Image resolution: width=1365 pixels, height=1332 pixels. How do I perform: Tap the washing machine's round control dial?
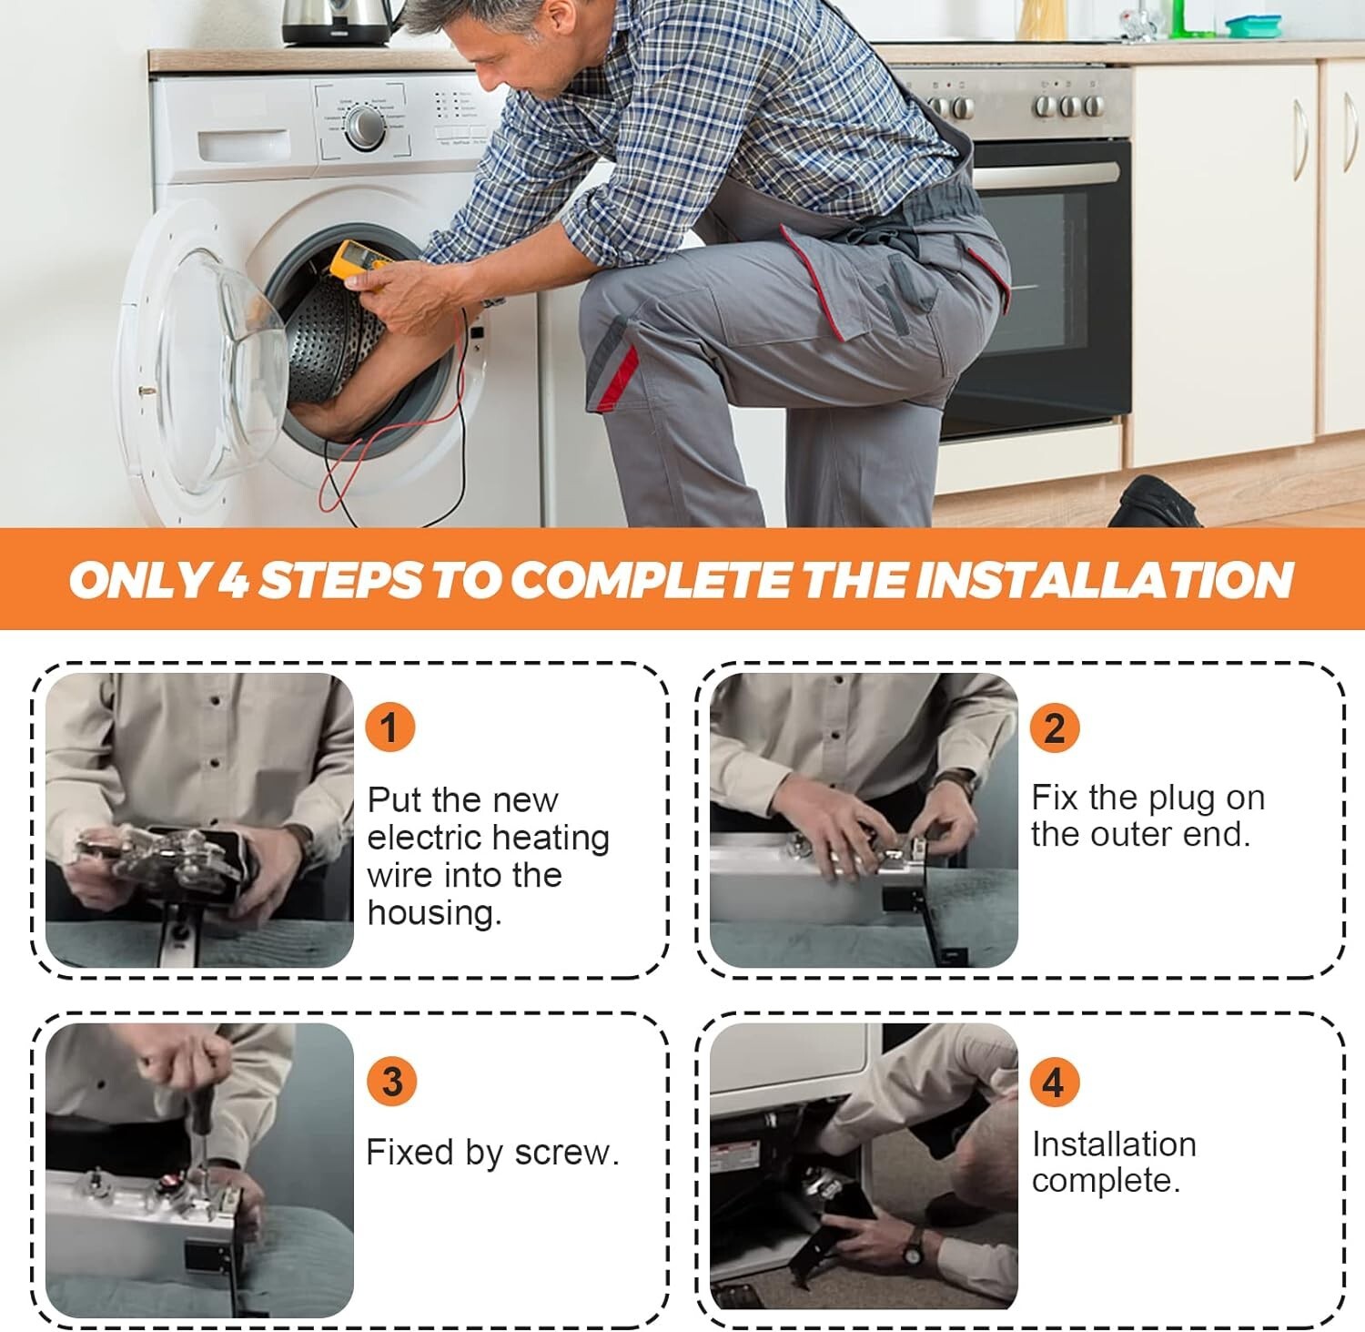(x=365, y=127)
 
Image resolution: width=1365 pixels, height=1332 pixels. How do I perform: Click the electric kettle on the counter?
(x=337, y=22)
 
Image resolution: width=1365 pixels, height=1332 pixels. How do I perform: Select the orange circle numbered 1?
(x=389, y=727)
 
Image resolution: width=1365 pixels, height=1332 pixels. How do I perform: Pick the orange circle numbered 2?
(x=1054, y=727)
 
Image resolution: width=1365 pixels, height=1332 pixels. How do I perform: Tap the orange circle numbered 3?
(x=391, y=1082)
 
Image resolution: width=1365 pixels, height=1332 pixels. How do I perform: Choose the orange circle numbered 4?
(x=1054, y=1082)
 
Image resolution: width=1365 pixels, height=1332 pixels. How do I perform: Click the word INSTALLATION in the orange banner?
(x=1104, y=579)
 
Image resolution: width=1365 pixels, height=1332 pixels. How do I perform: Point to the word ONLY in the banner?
(x=139, y=579)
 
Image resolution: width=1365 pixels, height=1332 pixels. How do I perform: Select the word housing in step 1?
(x=435, y=912)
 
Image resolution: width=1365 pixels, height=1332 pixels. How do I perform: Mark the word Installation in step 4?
(x=1114, y=1144)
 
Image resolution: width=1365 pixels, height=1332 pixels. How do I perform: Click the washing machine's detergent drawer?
(x=243, y=144)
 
